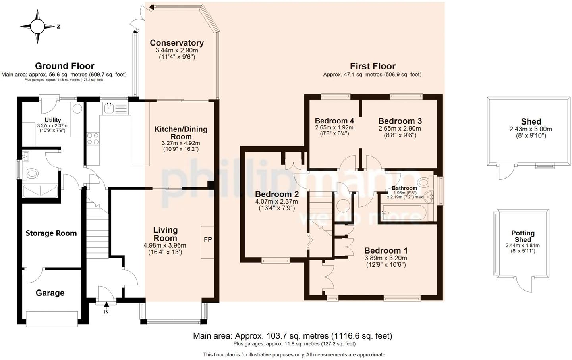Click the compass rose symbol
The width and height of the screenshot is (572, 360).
point(38,26)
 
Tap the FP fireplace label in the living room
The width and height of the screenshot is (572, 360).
point(208,240)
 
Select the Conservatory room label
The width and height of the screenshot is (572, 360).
point(177,43)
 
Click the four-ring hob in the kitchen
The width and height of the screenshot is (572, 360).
point(93,139)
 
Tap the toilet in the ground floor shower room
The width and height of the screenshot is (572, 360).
point(31,174)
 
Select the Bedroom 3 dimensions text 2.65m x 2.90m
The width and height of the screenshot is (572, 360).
point(400,129)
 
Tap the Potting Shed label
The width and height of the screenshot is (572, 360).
point(523,236)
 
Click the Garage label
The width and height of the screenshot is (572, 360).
point(50,293)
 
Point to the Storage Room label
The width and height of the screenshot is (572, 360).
point(51,233)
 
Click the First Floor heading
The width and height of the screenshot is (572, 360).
point(373,66)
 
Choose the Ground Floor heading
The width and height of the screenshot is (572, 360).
point(65,66)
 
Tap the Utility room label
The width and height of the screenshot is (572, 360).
point(52,120)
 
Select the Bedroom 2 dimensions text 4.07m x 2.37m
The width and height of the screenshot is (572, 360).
point(276,202)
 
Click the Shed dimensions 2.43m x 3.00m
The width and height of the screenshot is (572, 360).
point(531,129)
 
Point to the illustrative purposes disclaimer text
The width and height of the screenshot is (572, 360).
point(295,355)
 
